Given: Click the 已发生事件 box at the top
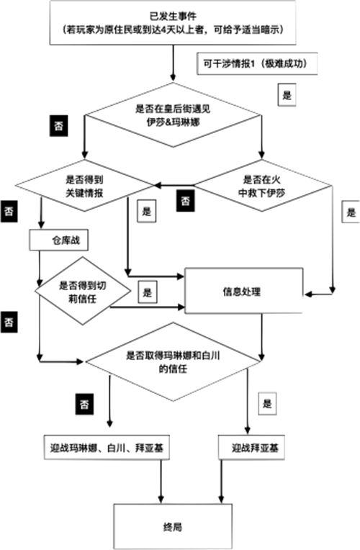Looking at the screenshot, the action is pyautogui.click(x=173, y=23).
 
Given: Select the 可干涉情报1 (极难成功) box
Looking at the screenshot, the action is pyautogui.click(x=257, y=64).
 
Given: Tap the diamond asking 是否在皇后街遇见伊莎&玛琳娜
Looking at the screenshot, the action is pyautogui.click(x=173, y=115).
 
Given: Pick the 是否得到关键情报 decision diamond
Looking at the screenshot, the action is pyautogui.click(x=84, y=186).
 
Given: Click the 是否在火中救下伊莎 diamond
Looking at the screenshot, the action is pyautogui.click(x=262, y=186).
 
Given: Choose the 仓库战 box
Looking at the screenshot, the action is pyautogui.click(x=58, y=240).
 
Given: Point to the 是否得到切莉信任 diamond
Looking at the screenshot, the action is pyautogui.click(x=83, y=291).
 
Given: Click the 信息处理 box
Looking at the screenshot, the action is pyautogui.click(x=244, y=291).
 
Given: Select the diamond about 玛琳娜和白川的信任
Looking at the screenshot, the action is pyautogui.click(x=173, y=362).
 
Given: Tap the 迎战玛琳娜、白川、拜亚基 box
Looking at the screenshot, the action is pyautogui.click(x=107, y=448).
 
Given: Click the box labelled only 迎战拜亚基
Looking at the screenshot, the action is pyautogui.click(x=251, y=448).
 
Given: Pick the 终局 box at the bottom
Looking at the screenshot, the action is pyautogui.click(x=173, y=526).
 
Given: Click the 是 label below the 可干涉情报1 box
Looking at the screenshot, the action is pyautogui.click(x=287, y=95).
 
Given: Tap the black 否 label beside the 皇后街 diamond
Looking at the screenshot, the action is pyautogui.click(x=58, y=125).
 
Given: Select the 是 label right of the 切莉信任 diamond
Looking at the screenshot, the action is pyautogui.click(x=148, y=292).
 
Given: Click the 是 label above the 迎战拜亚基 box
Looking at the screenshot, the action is pyautogui.click(x=267, y=403).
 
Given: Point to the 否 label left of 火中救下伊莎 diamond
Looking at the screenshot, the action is pyautogui.click(x=185, y=201).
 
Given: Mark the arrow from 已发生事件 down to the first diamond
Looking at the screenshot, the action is pyautogui.click(x=173, y=63).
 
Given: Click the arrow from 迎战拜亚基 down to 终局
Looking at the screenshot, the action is pyautogui.click(x=221, y=482).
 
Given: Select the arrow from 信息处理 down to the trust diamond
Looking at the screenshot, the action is pyautogui.click(x=261, y=337).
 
